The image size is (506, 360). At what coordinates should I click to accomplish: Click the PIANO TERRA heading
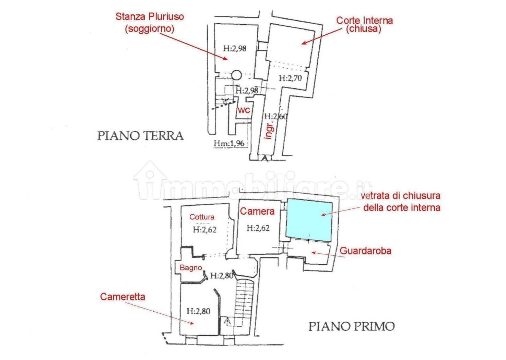coord(140,136)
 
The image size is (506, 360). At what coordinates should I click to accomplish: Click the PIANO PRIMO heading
coord(352,326)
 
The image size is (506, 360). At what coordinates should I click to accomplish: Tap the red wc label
coord(244,110)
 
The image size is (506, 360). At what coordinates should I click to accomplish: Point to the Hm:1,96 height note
coord(229,143)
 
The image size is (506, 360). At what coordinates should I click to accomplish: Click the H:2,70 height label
coord(290,78)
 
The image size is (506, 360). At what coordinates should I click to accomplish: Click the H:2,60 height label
coord(275,116)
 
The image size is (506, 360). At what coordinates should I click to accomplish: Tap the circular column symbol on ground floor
coord(236,75)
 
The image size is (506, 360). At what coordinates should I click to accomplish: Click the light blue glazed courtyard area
coord(309,220)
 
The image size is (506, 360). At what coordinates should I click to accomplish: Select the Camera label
coord(257,211)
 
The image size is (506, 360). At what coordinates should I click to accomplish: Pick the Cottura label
coord(202,217)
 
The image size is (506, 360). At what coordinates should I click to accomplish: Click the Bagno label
coord(191,268)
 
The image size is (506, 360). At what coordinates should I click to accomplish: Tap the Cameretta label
coord(122,297)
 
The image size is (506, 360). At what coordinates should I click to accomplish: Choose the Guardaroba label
coord(365,251)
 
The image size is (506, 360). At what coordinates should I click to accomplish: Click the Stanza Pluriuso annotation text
coord(150,22)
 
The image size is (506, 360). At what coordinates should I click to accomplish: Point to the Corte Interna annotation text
coord(364,24)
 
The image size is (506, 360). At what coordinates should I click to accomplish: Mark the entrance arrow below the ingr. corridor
coord(265,158)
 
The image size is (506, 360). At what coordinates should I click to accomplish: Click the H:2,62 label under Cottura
coord(205,230)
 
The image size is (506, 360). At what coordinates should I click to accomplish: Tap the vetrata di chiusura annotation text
coord(401,202)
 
